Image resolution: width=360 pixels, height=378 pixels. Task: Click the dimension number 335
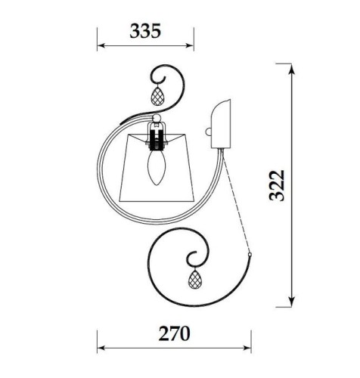coord(145,31)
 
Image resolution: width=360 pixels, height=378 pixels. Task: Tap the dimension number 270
coord(174,333)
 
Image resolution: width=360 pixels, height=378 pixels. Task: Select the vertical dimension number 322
coord(277,185)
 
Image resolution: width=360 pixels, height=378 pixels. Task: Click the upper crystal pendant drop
coord(157,96)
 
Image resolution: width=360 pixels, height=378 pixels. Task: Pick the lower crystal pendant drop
coord(195,279)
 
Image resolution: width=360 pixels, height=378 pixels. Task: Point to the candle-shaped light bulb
coord(157,167)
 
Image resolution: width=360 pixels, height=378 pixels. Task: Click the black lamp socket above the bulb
coord(157,141)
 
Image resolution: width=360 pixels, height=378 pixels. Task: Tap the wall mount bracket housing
coord(221,124)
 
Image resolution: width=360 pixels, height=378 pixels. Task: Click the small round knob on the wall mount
coord(209,132)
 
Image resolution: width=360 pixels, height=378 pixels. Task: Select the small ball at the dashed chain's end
coord(250,254)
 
